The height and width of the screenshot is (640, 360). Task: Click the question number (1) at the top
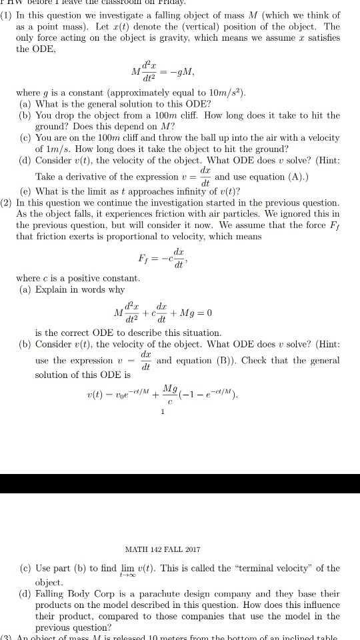click(x=8, y=17)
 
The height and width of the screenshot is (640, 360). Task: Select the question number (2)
click(x=8, y=202)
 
